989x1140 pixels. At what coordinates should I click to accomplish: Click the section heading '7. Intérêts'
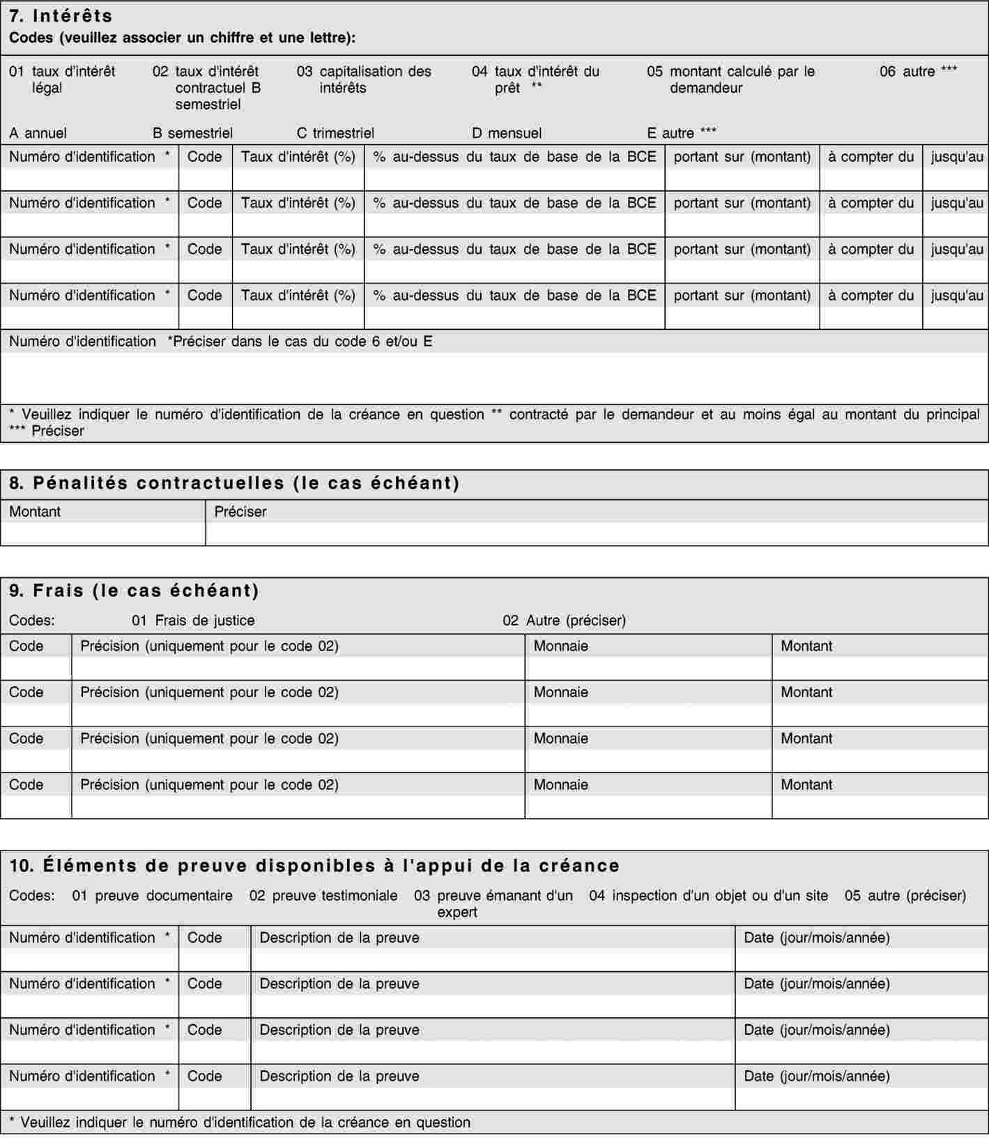[x=61, y=15]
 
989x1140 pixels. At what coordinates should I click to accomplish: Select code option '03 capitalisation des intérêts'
[x=364, y=79]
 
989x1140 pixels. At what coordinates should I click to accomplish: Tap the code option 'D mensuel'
[x=507, y=133]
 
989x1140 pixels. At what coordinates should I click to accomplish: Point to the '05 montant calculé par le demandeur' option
[x=730, y=79]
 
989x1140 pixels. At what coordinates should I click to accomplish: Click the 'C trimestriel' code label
[x=335, y=133]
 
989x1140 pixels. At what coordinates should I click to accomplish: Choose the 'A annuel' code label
[x=38, y=133]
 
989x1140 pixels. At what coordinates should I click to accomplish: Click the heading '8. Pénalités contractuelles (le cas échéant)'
[x=234, y=483]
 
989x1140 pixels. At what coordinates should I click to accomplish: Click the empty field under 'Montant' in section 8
[x=103, y=534]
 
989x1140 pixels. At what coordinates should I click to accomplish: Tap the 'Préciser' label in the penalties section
[x=240, y=512]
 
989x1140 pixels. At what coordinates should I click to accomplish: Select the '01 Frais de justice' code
[x=193, y=621]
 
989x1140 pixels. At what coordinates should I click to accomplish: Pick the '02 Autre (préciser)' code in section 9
[x=564, y=621]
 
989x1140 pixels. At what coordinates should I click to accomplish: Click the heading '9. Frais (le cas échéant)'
[x=134, y=591]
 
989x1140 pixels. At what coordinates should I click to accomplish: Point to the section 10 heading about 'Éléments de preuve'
[x=314, y=865]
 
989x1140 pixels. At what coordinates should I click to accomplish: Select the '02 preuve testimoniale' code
[x=323, y=895]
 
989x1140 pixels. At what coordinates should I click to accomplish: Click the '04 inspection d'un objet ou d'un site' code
[x=708, y=895]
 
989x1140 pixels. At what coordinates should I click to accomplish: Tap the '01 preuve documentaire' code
[x=152, y=895]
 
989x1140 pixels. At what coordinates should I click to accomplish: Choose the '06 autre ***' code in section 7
[x=918, y=71]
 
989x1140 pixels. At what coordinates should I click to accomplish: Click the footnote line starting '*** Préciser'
[x=47, y=431]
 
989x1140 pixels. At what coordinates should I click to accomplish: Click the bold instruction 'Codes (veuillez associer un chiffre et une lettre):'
[x=182, y=38]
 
